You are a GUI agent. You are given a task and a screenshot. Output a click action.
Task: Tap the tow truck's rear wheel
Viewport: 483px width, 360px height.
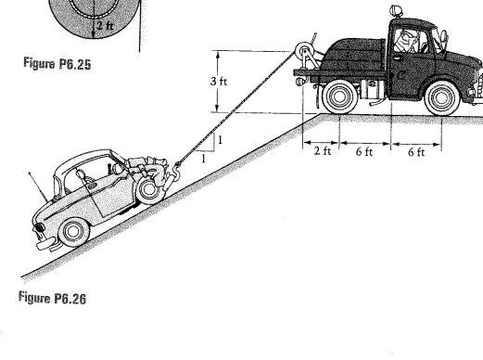(339, 94)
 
